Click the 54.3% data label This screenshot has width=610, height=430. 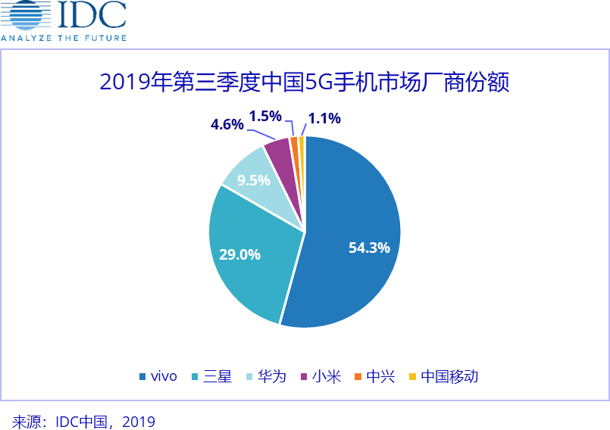tap(369, 248)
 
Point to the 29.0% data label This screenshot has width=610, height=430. tap(239, 254)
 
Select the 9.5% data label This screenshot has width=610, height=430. tap(254, 180)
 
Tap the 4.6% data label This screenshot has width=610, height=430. tap(227, 124)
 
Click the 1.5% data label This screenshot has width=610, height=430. tap(265, 116)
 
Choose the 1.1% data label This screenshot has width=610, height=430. tap(324, 118)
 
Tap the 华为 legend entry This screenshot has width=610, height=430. tap(266, 376)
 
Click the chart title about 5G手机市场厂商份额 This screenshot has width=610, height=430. tap(305, 82)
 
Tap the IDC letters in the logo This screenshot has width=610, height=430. tap(91, 15)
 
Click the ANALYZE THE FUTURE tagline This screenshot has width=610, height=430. tap(64, 37)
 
